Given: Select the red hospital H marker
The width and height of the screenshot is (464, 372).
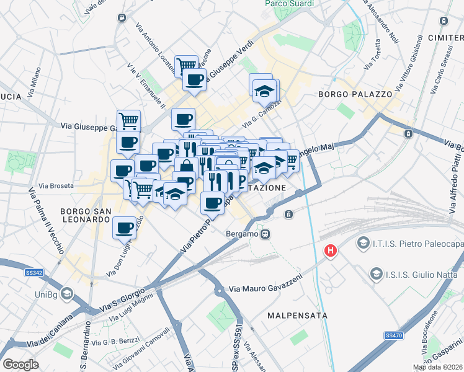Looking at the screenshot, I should [x=331, y=250].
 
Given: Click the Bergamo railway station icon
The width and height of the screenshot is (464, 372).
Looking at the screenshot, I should [x=265, y=234].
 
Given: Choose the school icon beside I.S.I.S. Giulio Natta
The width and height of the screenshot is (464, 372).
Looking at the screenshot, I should [x=375, y=273].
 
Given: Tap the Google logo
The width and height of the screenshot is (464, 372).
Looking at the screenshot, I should [x=20, y=364].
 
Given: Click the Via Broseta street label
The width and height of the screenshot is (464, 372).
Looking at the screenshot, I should [x=56, y=185].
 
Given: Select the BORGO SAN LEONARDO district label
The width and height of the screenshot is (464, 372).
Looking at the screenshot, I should [x=85, y=215].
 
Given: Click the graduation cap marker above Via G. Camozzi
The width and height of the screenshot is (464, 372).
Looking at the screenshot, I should [x=264, y=91].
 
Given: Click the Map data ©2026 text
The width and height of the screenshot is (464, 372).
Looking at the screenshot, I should [x=437, y=367].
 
